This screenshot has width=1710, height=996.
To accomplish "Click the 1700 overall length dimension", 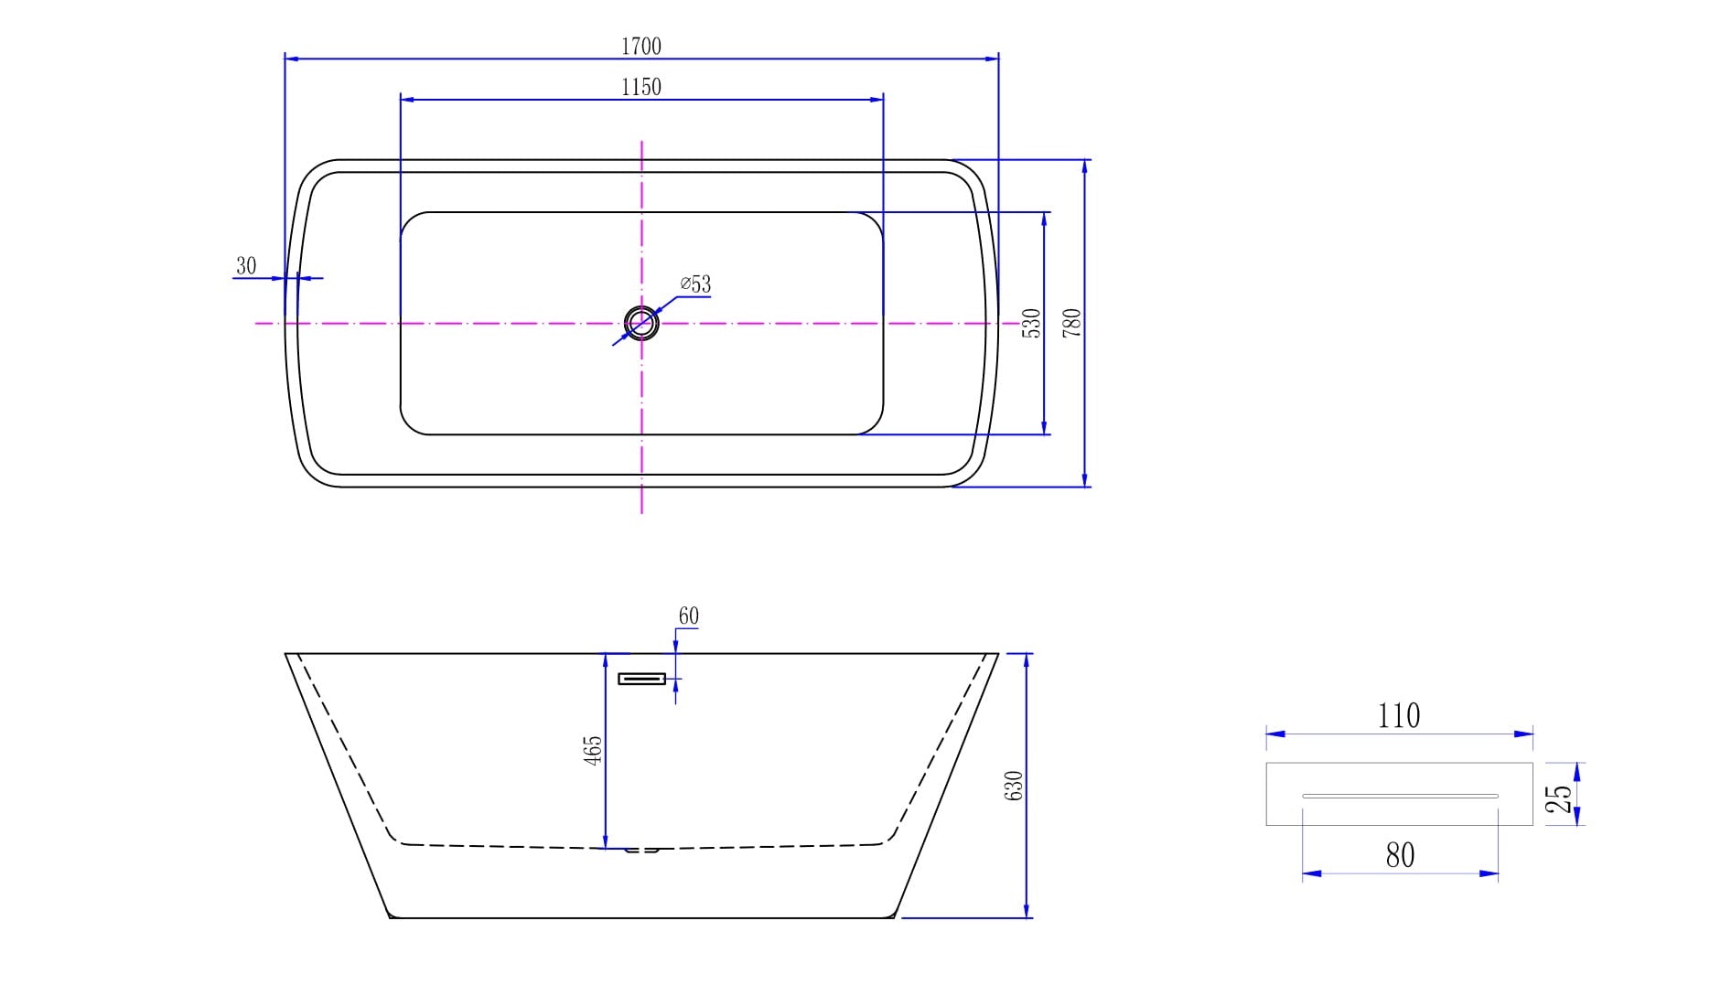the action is [640, 46].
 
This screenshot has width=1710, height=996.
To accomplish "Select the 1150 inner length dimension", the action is [640, 87].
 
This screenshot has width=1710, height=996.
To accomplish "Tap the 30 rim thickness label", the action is [246, 266].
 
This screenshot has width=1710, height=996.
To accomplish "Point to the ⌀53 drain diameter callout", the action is [695, 284].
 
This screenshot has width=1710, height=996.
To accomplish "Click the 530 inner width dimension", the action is [1031, 323].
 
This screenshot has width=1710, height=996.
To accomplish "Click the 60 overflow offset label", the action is [688, 616].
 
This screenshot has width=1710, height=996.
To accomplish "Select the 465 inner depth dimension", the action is [593, 751].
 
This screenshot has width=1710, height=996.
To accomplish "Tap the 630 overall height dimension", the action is [1014, 787].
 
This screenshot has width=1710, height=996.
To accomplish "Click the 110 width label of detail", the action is [1399, 715].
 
